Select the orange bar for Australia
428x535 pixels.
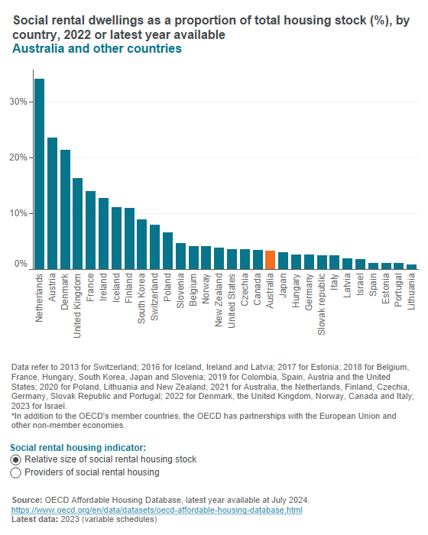[x=270, y=260]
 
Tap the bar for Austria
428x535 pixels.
[x=52, y=203]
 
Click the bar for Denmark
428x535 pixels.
[x=65, y=209]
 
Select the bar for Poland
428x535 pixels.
[x=167, y=251]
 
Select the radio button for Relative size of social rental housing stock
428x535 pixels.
[x=16, y=459]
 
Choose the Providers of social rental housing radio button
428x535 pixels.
[x=16, y=473]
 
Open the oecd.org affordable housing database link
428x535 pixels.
[x=157, y=510]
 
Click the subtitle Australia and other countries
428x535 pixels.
[x=97, y=49]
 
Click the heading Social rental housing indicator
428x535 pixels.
[x=79, y=446]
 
